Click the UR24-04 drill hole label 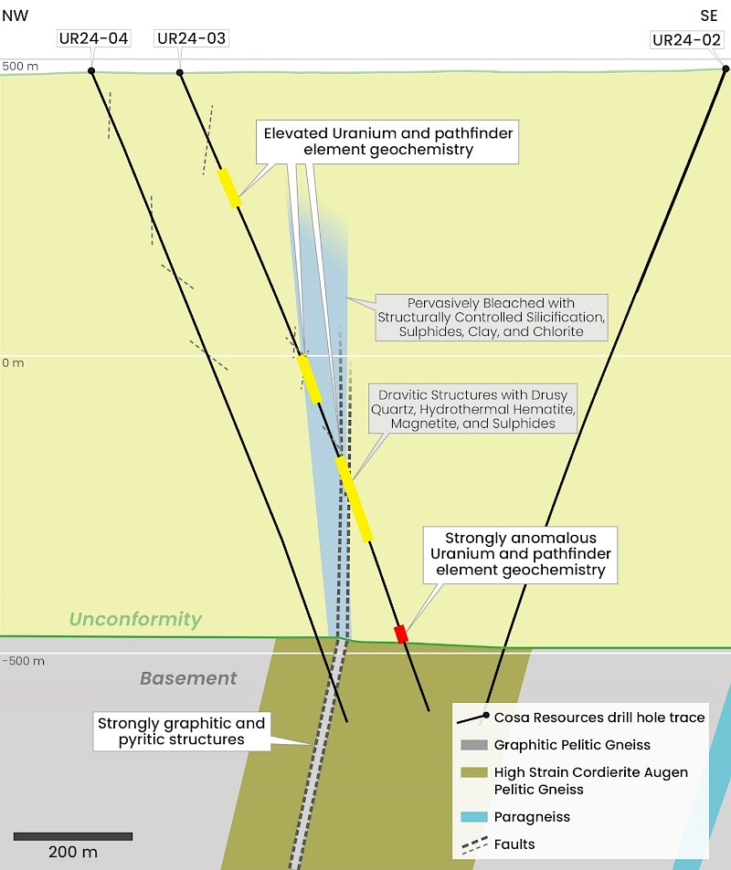pyautogui.click(x=92, y=38)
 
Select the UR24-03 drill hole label pyautogui.click(x=191, y=38)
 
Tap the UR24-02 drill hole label pyautogui.click(x=688, y=40)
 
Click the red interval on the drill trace pyautogui.click(x=400, y=634)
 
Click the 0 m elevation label pyautogui.click(x=13, y=362)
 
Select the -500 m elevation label pyautogui.click(x=23, y=661)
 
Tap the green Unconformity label pyautogui.click(x=134, y=619)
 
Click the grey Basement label pyautogui.click(x=188, y=678)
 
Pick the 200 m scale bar pyautogui.click(x=73, y=836)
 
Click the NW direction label pyautogui.click(x=15, y=15)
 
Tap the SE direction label pyautogui.click(x=709, y=15)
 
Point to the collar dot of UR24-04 pyautogui.click(x=91, y=71)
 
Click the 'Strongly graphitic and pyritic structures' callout pyautogui.click(x=182, y=731)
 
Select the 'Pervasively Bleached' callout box pyautogui.click(x=492, y=317)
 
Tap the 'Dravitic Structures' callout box pyautogui.click(x=472, y=409)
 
